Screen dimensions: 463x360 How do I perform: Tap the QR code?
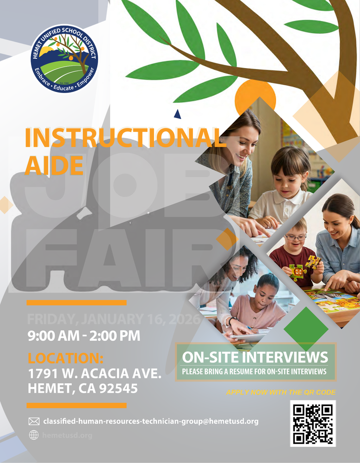coord(313,423)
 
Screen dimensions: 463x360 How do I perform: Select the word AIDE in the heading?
coord(54,164)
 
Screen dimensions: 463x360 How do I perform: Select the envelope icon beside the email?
coord(34,421)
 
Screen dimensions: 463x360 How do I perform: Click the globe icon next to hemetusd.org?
coord(34,435)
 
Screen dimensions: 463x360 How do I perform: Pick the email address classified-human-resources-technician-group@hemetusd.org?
coord(150,421)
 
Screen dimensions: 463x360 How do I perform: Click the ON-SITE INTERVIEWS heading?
coord(255,357)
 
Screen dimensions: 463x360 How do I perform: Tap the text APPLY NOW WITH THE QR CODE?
coord(281,393)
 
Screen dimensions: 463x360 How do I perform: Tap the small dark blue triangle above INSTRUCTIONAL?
coord(177,114)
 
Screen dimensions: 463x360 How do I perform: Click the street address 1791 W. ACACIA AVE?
coord(94,373)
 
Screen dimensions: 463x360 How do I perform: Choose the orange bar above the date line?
coord(76,303)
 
